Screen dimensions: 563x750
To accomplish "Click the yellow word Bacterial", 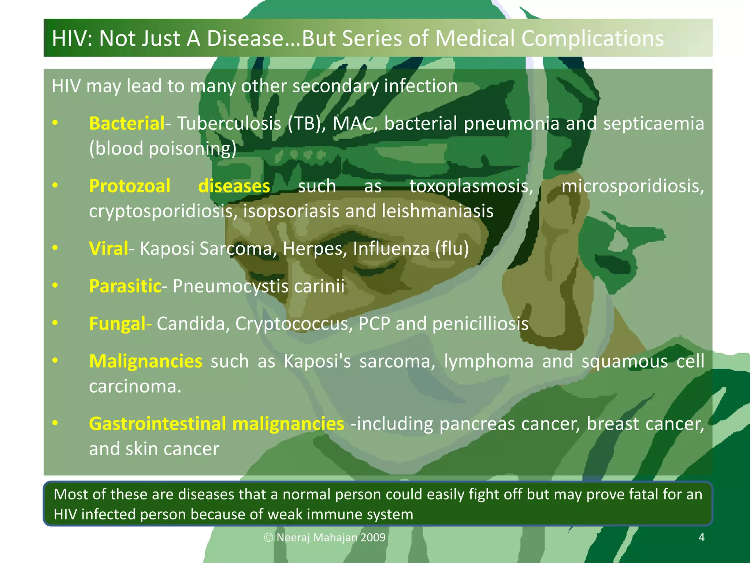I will tap(127, 124).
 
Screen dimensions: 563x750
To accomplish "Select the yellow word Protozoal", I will tap(130, 186).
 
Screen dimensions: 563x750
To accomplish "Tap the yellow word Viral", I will tap(108, 249).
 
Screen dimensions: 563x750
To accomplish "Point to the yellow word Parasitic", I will tap(125, 286).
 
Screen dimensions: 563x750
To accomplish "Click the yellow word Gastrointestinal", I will tap(157, 424).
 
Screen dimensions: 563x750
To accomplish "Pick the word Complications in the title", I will tap(592, 38).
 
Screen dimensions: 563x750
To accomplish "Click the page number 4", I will tap(701, 537).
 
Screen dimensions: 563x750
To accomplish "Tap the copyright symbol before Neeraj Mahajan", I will tap(269, 538).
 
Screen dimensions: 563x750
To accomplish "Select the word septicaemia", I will tap(654, 124).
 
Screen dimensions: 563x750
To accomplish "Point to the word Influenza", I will tap(391, 249).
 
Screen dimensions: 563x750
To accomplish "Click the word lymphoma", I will tap(489, 361).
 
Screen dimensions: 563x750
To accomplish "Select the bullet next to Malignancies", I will tap(55, 361).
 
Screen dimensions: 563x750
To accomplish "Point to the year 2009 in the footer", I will tap(373, 538).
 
